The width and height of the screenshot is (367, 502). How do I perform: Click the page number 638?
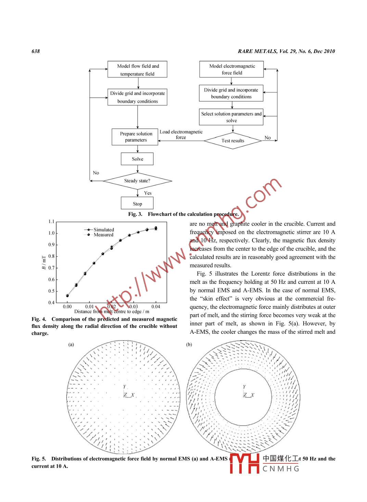click(x=36, y=51)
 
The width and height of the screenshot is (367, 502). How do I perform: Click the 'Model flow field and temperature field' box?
click(x=137, y=70)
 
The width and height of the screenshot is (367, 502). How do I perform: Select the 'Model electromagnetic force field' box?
click(x=231, y=69)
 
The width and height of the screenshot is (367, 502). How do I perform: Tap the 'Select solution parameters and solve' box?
click(x=231, y=117)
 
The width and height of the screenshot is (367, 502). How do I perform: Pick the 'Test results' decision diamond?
click(x=233, y=141)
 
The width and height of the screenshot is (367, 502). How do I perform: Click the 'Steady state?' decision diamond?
click(x=137, y=181)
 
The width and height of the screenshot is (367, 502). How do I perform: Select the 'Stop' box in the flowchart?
click(x=137, y=203)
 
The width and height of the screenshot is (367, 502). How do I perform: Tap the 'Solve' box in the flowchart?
click(x=137, y=159)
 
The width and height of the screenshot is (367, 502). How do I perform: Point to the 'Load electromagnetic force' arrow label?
click(x=181, y=134)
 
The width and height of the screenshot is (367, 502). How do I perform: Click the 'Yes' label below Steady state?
click(x=148, y=193)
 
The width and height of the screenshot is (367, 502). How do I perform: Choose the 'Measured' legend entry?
click(x=103, y=235)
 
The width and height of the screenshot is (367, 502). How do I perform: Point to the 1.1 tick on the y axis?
click(x=51, y=222)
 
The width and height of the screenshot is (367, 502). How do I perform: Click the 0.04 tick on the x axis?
click(x=156, y=307)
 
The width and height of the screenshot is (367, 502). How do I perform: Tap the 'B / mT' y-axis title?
click(x=44, y=262)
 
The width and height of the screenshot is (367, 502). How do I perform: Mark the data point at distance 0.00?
click(x=67, y=296)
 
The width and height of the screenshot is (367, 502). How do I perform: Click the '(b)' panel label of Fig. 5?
click(x=189, y=344)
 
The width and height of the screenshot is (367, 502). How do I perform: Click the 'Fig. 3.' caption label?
click(x=135, y=214)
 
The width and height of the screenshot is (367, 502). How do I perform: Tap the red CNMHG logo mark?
click(x=244, y=463)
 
